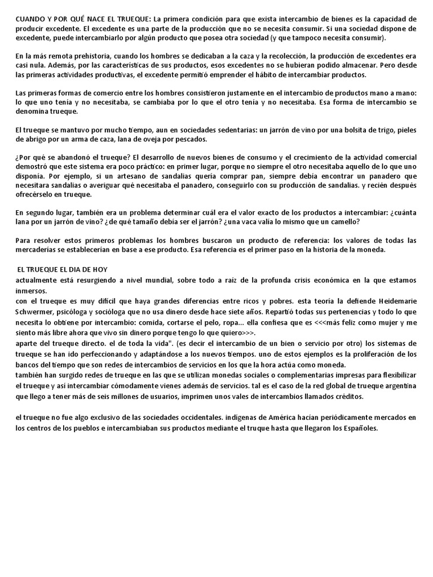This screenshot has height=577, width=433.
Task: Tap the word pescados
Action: coord(191,139)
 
